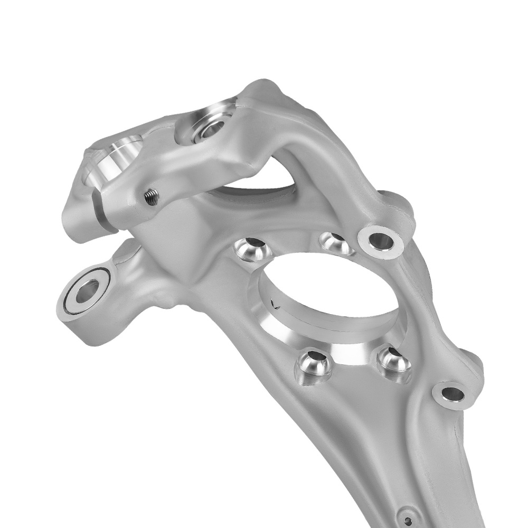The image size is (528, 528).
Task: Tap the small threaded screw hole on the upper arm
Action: pos(151,197)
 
